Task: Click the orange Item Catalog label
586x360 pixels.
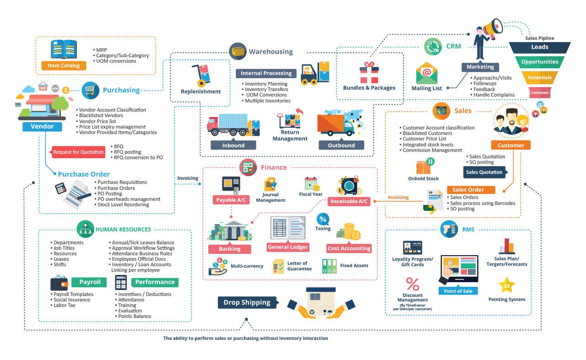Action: point(64,65)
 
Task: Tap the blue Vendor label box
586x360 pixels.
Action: point(42,126)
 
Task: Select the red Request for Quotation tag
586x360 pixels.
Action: point(78,152)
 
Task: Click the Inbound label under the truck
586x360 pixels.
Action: point(233,145)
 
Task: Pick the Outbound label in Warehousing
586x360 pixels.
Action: point(341,145)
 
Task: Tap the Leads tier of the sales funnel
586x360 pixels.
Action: point(540,47)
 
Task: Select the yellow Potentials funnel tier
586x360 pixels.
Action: point(540,77)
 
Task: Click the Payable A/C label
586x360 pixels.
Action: point(231,200)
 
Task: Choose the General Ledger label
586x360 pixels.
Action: point(288,247)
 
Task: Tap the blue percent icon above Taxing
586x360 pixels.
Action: point(323,219)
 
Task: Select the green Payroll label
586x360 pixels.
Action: point(89,282)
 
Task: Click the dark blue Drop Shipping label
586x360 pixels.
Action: point(247,302)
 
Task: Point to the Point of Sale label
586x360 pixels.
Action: point(458,291)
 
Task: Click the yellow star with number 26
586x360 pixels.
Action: point(506,286)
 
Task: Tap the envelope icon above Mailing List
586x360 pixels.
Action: point(427,73)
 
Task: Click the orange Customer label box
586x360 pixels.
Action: point(510,145)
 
